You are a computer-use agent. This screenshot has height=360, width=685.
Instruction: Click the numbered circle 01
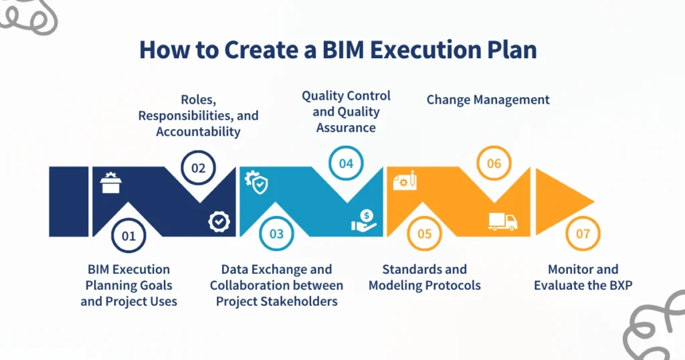128,236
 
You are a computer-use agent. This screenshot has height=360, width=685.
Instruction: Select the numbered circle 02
198,168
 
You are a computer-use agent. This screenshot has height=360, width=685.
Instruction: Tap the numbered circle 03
276,234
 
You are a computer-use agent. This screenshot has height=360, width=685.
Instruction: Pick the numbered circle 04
346,164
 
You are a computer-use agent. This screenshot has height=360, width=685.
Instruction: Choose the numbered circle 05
424,234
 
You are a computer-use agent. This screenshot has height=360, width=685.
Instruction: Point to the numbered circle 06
494,164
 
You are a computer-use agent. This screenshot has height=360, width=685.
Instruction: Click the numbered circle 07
583,234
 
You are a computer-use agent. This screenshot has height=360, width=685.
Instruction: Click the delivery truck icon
502,221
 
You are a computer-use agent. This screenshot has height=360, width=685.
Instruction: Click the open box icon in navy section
110,183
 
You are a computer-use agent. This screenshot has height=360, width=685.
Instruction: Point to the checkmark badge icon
218,221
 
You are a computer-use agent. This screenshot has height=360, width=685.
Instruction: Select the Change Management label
488,100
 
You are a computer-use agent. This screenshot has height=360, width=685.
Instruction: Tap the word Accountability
198,132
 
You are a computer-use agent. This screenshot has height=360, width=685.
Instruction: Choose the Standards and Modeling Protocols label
424,277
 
